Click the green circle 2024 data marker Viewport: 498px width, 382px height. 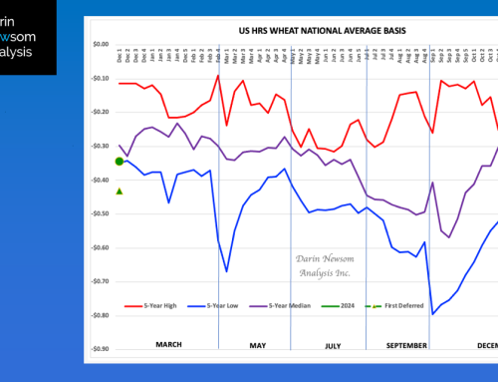[119, 161]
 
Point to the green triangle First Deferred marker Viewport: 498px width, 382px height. [119, 191]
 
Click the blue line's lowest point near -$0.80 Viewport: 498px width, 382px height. [433, 314]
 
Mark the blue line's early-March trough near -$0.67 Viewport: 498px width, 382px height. [226, 270]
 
